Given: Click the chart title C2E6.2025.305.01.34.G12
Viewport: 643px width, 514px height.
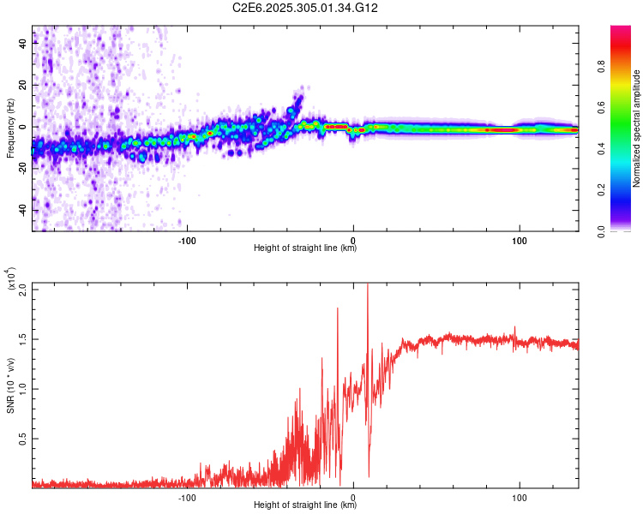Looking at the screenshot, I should click(305, 8).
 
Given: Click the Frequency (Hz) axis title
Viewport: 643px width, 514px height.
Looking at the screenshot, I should click(9, 128).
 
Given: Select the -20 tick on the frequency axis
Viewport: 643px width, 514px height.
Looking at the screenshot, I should click(23, 168).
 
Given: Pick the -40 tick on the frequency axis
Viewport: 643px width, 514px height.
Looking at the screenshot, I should click(23, 209).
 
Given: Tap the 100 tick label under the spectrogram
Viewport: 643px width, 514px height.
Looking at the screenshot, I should click(519, 241).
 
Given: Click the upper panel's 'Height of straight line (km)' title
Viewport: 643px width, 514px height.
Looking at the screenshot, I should click(305, 248).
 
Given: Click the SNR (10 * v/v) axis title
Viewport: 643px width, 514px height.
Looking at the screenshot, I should click(10, 385).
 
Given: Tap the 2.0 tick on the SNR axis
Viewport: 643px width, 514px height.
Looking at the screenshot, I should click(22, 289).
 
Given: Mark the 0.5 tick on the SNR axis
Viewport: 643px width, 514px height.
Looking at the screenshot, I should click(22, 439).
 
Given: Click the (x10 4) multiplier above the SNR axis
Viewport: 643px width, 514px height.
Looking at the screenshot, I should click(10, 280).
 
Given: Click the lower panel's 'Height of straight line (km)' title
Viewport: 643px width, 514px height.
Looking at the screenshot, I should click(305, 505).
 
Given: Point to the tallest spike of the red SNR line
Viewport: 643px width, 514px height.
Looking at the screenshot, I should click(368, 285).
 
